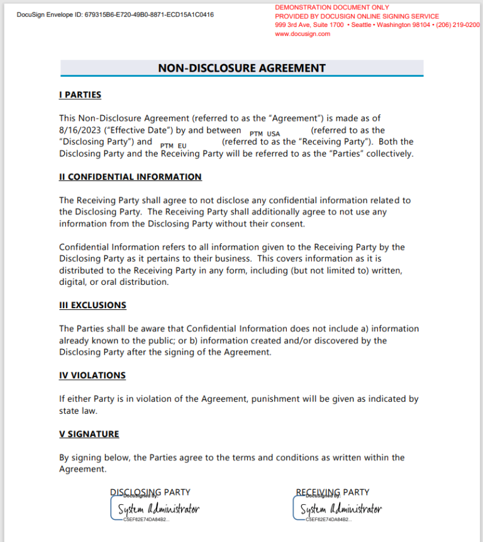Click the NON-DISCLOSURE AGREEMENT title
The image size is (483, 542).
[x=241, y=68]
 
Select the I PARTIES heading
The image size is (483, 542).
[x=80, y=95]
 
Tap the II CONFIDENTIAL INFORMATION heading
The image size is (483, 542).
[x=130, y=177]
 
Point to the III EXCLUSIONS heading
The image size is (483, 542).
[x=92, y=305]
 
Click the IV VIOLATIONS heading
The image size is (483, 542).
[x=92, y=375]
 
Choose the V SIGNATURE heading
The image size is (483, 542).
[x=89, y=434]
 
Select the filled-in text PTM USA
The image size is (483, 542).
[x=265, y=134]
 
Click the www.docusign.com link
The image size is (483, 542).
[x=303, y=34]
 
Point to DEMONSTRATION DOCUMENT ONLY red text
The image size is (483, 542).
[x=332, y=8]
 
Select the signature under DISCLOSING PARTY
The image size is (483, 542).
[x=156, y=509]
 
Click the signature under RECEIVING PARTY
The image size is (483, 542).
[x=340, y=509]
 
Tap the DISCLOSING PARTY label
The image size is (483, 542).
[x=150, y=492]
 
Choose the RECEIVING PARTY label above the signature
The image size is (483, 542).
[x=333, y=492]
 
